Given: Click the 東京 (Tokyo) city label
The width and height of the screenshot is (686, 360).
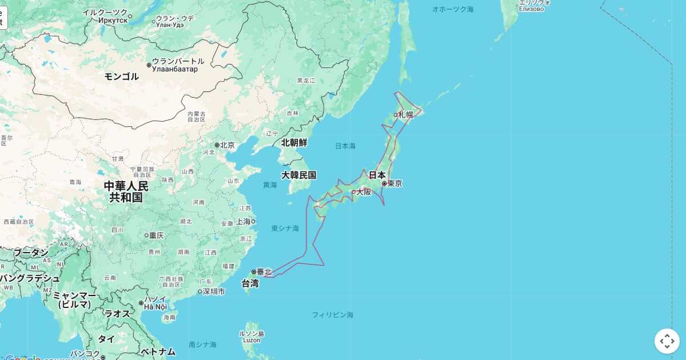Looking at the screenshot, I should click(x=394, y=183).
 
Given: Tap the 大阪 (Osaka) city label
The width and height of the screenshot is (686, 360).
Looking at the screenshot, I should click(x=364, y=192).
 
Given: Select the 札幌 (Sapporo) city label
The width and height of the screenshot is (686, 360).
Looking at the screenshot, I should click(x=405, y=114).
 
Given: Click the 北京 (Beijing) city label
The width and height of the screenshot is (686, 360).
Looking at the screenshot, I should click(x=227, y=145).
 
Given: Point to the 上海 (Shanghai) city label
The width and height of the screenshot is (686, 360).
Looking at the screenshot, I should click(x=243, y=222).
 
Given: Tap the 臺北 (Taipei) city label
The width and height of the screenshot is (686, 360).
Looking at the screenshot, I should click(x=264, y=272).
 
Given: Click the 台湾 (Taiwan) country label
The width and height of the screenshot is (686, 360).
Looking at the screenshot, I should click(x=250, y=283).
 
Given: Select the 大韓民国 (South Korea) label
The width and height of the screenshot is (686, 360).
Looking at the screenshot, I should click(x=298, y=175).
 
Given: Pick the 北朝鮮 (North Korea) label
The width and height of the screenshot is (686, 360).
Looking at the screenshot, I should click(x=294, y=142).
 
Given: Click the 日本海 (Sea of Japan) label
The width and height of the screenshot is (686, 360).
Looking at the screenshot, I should click(x=345, y=146).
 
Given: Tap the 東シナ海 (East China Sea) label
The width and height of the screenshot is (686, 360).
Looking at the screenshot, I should click(x=285, y=229).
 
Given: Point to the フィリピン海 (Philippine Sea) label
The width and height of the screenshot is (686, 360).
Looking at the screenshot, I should click(x=332, y=315).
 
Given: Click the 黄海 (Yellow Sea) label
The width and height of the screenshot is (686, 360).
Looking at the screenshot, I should click(x=270, y=185).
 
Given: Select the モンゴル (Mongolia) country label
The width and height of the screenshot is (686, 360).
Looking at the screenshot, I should click(x=121, y=76).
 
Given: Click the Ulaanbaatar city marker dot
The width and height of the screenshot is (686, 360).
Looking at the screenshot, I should click(x=149, y=65).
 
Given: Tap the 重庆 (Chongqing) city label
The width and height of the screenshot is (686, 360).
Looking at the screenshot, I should click(x=157, y=235).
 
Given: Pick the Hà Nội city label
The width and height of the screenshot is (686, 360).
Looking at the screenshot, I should click(x=155, y=307).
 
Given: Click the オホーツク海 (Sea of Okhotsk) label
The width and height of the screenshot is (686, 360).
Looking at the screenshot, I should click(x=453, y=9).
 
